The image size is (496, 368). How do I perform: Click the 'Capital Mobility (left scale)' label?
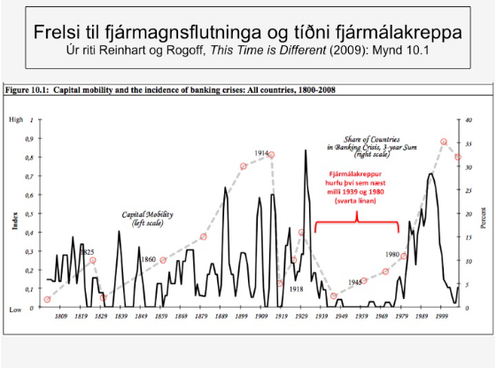[146, 219]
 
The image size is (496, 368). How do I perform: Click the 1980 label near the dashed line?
[391, 254]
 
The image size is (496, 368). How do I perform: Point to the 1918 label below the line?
[295, 289]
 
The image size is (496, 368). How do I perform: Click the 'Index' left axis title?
[14, 220]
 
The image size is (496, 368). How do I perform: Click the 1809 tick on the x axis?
[60, 317]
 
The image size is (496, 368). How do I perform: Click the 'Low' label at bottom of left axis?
[16, 310]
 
